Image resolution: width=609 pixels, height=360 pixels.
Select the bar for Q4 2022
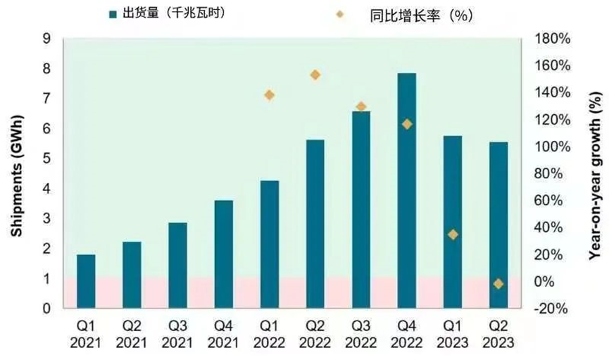point(406,190)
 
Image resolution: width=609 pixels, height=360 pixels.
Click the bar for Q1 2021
point(86,281)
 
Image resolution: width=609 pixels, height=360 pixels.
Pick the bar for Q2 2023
point(498,225)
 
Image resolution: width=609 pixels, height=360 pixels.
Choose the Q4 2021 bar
point(223,254)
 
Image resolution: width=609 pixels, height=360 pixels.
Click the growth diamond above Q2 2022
point(315,75)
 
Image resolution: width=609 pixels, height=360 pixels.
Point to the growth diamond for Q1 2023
point(453,235)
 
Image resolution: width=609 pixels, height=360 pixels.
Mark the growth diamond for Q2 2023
point(498,284)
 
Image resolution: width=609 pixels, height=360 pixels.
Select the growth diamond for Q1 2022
point(269,95)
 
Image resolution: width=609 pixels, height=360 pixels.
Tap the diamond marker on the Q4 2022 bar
point(406,124)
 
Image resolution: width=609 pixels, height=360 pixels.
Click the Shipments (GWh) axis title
point(15,174)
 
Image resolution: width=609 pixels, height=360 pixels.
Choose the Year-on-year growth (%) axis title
point(596,174)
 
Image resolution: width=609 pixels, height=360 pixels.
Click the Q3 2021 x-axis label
point(177,335)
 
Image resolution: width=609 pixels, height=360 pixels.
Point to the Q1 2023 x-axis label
point(453,335)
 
